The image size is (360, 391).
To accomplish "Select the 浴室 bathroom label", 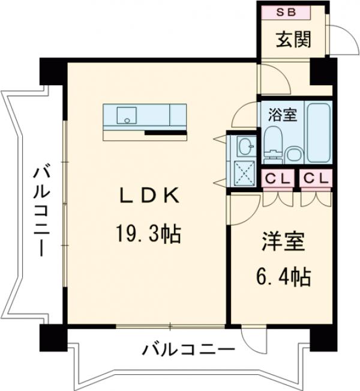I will coord(281,115).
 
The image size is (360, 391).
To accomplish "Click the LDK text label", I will coord(147,195).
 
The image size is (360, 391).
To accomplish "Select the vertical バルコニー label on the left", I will coord(41,211).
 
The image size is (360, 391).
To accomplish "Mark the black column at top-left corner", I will coord(52,70).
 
